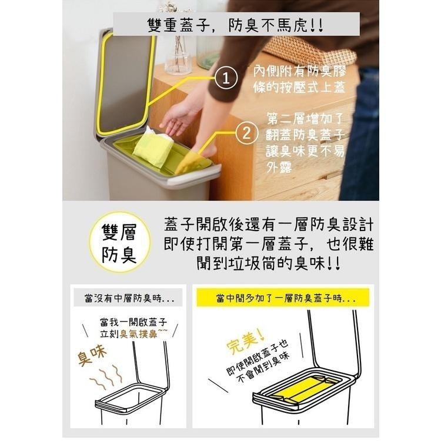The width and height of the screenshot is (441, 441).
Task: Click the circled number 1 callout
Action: (226, 78)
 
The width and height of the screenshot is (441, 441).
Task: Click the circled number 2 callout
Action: (246, 133)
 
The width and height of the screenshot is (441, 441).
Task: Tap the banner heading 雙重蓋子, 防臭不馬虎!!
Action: (236, 25)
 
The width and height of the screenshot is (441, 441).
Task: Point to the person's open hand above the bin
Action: (178, 118)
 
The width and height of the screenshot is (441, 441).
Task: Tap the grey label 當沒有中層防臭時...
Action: (129, 298)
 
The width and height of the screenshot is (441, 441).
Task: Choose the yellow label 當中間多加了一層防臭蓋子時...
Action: (283, 298)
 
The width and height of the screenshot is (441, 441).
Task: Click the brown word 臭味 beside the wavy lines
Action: (92, 355)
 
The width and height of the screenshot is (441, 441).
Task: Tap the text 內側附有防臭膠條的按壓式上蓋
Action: (299, 79)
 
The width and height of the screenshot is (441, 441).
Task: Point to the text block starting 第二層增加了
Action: (305, 143)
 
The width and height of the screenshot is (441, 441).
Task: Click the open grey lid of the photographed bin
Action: (123, 82)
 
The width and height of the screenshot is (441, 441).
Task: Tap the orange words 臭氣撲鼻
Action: (138, 334)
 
